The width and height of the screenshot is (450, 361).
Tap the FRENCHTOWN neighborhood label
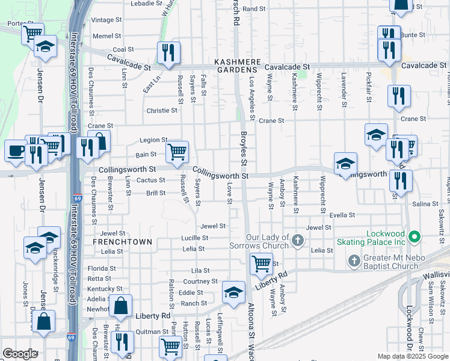(122, 241)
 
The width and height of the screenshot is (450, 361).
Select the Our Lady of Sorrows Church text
(259, 241)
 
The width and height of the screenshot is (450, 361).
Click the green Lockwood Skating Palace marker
(413, 235)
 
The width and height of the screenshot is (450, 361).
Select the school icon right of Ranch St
(233, 292)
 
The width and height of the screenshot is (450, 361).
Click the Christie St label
(162, 111)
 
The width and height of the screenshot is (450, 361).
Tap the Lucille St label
(195, 238)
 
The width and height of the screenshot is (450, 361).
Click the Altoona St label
(251, 325)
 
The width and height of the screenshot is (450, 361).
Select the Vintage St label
(106, 20)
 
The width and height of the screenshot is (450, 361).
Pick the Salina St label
(425, 205)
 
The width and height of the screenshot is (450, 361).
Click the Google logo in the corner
(20, 354)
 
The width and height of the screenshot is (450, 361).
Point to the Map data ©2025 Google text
(413, 357)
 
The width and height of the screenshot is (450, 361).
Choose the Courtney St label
(200, 282)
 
